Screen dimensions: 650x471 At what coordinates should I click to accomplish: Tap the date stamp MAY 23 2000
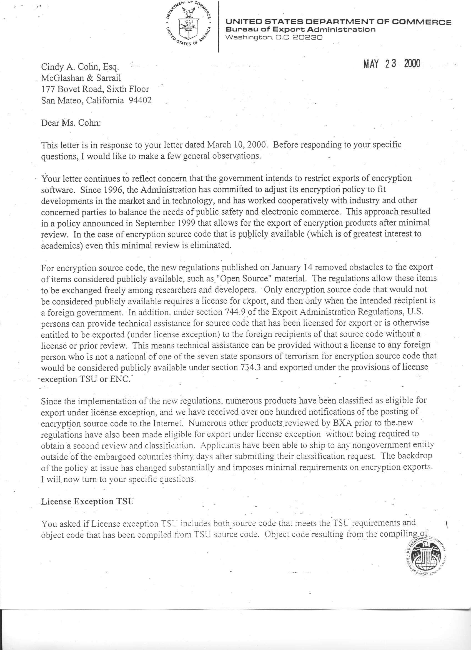(391, 64)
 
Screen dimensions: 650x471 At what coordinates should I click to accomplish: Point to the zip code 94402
(140, 100)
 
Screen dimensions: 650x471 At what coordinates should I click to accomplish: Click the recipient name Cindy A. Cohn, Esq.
(80, 67)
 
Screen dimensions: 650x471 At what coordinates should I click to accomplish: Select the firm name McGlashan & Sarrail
(81, 78)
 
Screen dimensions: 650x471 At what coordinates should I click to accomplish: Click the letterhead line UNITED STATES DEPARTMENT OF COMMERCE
(339, 22)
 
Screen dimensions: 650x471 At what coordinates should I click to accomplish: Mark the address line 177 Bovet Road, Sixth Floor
(95, 89)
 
